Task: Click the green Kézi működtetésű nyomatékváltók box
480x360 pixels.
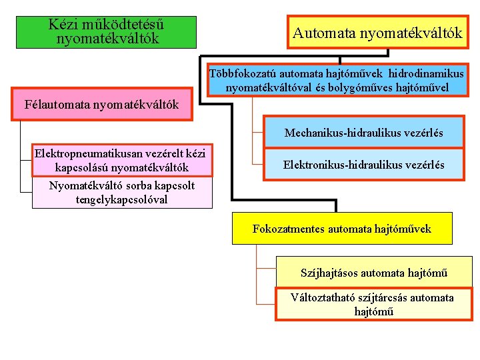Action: [x=107, y=32]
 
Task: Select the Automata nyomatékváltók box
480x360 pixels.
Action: [x=377, y=32]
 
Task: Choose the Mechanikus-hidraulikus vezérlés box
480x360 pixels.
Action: [x=363, y=133]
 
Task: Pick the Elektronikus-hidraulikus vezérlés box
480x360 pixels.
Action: [x=363, y=164]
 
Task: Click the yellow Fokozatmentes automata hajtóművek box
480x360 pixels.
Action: [x=341, y=229]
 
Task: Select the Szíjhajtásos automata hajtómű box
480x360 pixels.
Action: [x=373, y=273]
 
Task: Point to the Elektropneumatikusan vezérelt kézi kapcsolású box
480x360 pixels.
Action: [x=120, y=160]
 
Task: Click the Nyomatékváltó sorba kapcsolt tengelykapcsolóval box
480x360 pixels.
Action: [x=122, y=193]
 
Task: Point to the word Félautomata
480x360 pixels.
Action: [x=57, y=105]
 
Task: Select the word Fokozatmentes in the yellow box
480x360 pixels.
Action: [x=288, y=229]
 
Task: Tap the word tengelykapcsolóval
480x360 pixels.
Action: [x=122, y=199]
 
